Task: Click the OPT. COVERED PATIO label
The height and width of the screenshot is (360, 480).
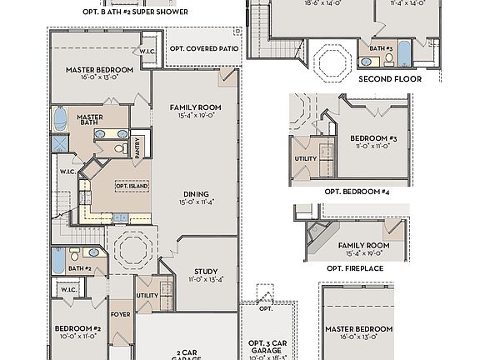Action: (204, 48)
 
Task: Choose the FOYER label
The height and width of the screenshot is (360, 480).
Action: (120, 315)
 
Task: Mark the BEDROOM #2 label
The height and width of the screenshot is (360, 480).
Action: (78, 329)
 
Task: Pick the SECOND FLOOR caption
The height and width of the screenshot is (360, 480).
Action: (389, 79)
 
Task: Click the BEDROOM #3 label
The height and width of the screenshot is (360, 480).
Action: (372, 137)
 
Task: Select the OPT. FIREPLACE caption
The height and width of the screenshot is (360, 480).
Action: (355, 268)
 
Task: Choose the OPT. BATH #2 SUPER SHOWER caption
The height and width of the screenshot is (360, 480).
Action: (135, 12)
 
